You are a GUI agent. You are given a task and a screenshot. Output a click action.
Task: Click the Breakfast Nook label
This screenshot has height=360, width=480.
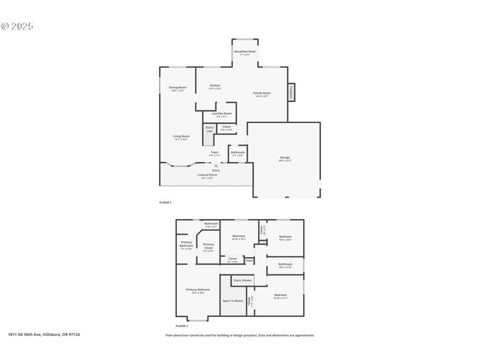point(244,52)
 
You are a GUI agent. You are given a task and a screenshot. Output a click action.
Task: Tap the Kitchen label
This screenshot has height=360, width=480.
point(214,87)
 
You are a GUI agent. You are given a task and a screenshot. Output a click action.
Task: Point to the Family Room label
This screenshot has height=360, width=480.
point(261,94)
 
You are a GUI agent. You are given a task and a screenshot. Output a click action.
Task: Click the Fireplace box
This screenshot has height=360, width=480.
point(292,91)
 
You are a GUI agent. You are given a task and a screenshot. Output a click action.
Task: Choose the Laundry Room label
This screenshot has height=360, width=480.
point(223,115)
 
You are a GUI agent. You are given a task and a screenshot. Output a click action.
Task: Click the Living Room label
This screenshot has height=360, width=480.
point(181,137)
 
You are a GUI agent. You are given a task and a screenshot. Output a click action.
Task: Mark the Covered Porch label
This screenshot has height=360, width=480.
point(205,177)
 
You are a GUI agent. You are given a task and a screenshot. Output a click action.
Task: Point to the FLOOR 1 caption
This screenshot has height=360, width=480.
point(165,202)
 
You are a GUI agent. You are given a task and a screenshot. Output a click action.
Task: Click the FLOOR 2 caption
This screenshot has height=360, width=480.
point(181,326)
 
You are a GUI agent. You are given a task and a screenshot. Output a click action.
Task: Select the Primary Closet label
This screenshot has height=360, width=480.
point(208,246)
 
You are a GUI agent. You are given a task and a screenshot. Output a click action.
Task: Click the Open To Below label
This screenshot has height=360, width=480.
point(232,301)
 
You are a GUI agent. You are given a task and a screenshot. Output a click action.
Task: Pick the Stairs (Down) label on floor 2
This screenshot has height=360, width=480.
point(241,280)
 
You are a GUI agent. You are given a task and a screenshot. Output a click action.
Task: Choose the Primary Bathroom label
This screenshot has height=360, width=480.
point(186,244)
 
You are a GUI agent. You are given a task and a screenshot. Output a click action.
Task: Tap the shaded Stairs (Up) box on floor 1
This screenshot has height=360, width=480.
point(209,130)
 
